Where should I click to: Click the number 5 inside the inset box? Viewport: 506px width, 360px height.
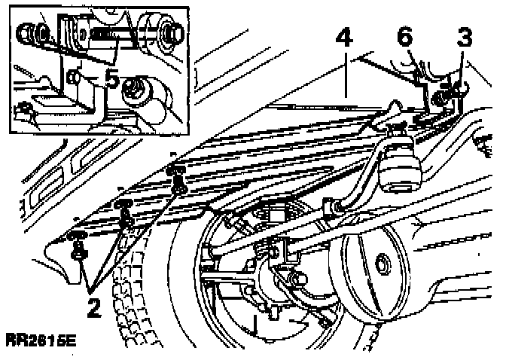click(112, 78)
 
